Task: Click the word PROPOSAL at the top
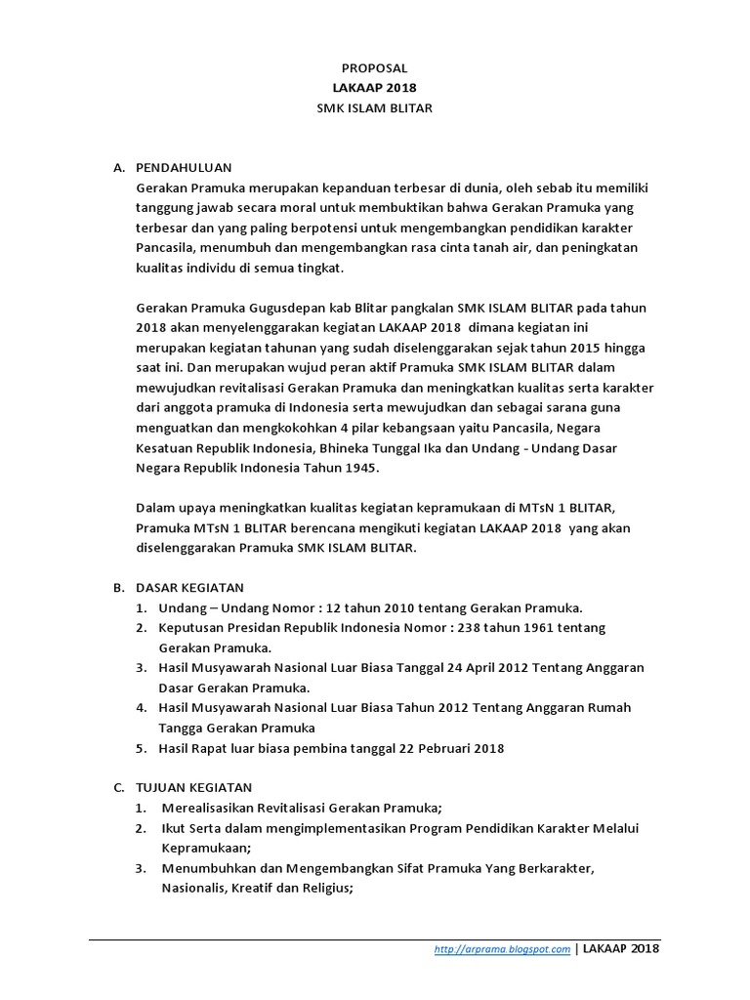[374, 68]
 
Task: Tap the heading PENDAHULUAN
[184, 167]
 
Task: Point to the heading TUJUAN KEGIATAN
[194, 786]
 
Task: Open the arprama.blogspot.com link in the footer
[502, 948]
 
